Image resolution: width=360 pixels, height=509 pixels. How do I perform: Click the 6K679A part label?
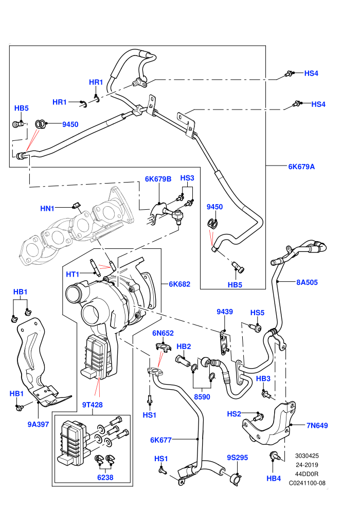[301, 167]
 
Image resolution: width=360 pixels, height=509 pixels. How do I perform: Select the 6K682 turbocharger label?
[179, 284]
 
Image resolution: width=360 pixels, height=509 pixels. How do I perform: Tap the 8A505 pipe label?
[307, 282]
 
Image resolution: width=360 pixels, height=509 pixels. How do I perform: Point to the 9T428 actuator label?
[92, 405]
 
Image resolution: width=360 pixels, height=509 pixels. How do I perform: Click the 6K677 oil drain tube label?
[160, 440]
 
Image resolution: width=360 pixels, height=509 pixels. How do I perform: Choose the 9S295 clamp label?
[237, 458]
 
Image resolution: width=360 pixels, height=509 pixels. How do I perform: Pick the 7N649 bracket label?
[317, 425]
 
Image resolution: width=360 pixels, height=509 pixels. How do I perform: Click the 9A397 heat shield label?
[38, 424]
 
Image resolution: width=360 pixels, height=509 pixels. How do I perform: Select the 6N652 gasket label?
[163, 333]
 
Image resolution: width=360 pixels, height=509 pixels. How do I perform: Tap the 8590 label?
[202, 397]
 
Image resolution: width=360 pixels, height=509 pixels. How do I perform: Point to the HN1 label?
[47, 208]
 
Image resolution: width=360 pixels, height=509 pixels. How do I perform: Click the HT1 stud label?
[73, 275]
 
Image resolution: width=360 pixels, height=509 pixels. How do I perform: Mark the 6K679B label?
[158, 179]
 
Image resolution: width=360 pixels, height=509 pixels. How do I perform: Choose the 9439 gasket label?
[225, 312]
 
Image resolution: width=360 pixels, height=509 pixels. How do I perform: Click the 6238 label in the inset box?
[105, 477]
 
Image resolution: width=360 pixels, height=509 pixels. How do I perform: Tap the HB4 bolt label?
[273, 478]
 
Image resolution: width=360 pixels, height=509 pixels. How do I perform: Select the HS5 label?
[257, 313]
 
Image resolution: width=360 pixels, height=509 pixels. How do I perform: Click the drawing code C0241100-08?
[307, 483]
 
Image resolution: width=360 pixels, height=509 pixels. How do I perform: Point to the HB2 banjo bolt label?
[184, 347]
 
